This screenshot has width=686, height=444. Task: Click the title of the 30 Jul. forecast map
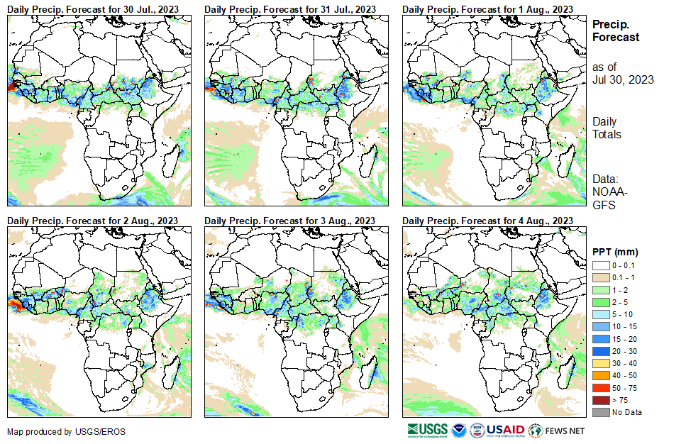pyautogui.click(x=93, y=9)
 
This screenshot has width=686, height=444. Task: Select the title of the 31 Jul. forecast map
pyautogui.click(x=290, y=9)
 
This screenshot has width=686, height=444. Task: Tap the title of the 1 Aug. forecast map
pyautogui.click(x=487, y=9)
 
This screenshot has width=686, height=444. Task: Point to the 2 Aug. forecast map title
pyautogui.click(x=93, y=221)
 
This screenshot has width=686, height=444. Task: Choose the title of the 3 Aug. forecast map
pyautogui.click(x=290, y=221)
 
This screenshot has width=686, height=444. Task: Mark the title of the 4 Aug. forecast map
pyautogui.click(x=487, y=221)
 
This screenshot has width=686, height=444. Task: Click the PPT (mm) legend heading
pyautogui.click(x=615, y=251)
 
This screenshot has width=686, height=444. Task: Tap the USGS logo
pyautogui.click(x=427, y=430)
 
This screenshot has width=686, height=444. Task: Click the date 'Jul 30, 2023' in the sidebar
pyautogui.click(x=623, y=79)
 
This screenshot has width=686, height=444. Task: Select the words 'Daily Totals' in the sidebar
pyautogui.click(x=607, y=128)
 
